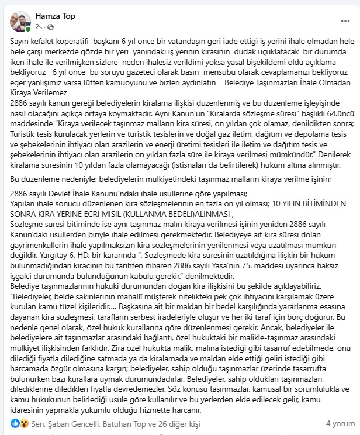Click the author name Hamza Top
[x=55, y=16]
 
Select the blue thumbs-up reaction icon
[x=15, y=423]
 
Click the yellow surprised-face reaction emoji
[x=22, y=423]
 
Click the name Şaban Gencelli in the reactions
[x=65, y=423]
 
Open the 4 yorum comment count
[x=340, y=423]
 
